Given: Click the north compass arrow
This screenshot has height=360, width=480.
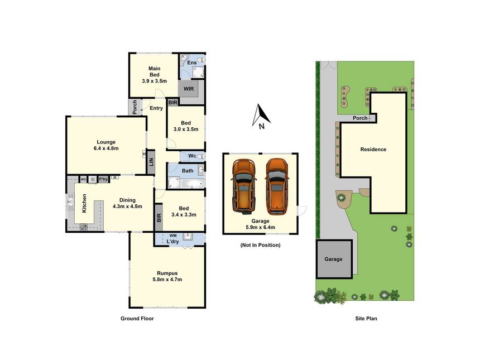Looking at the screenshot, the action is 260,116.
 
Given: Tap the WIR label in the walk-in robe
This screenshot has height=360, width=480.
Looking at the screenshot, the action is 189,89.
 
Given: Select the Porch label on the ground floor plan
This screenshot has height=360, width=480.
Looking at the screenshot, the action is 135,107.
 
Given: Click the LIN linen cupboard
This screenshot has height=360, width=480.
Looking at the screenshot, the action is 151,162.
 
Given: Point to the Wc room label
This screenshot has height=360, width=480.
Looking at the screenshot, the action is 192,156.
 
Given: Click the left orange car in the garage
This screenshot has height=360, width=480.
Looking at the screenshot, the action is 244,186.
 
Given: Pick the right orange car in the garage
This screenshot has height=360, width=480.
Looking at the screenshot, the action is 277,186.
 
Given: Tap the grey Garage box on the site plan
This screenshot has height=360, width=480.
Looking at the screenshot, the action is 334,259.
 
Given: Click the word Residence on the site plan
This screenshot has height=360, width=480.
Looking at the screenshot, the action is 373,150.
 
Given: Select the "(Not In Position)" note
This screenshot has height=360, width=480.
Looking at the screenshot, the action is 260,245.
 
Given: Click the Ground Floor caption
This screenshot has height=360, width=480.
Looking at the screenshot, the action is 137,318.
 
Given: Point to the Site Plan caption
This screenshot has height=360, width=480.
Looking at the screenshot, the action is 366,318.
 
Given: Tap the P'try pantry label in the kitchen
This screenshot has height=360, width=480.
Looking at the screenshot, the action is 103,179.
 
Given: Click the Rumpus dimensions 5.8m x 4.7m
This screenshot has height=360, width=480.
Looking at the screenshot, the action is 167,280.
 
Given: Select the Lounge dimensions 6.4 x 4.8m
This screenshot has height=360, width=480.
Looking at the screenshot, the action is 106,148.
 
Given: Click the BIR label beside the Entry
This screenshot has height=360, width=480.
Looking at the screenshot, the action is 172,103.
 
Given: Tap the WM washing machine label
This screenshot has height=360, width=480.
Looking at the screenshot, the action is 173,236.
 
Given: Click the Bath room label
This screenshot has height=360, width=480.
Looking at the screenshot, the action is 188,171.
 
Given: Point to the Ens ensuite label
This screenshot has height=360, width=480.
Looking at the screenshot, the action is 192,63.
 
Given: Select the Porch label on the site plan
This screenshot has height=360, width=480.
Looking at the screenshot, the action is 360,118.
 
